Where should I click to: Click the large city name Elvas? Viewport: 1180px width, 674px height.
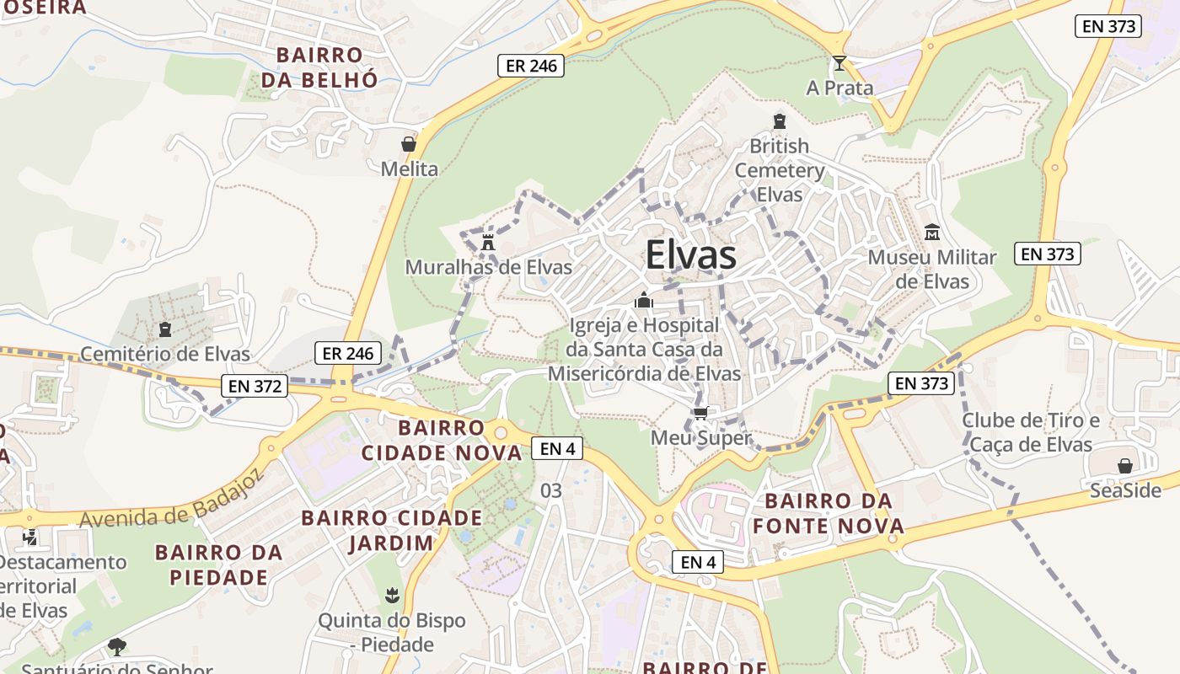click(x=691, y=255)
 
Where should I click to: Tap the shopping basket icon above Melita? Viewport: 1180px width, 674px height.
click(x=409, y=144)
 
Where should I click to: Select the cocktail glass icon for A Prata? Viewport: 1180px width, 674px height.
click(x=839, y=63)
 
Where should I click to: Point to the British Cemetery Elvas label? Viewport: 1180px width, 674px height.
click(x=780, y=170)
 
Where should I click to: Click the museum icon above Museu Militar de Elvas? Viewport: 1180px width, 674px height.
click(x=932, y=232)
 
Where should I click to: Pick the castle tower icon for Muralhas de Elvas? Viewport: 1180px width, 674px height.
click(x=487, y=243)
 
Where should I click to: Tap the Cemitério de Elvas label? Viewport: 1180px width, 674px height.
click(x=165, y=354)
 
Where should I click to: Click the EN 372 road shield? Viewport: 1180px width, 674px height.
click(x=255, y=387)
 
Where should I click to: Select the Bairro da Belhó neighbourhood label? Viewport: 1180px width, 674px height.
click(x=319, y=67)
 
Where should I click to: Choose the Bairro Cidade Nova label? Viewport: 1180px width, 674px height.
click(x=442, y=440)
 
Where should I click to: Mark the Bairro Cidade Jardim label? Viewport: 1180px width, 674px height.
click(x=392, y=530)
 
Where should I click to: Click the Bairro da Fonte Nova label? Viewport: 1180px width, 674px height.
click(x=828, y=514)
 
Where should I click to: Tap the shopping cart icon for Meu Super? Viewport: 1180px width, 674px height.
click(x=700, y=413)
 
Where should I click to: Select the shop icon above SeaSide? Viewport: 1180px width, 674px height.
click(x=1124, y=466)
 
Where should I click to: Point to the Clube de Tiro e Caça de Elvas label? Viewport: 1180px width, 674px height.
click(x=1031, y=432)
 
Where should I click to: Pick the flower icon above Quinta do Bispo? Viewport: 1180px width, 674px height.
click(x=391, y=596)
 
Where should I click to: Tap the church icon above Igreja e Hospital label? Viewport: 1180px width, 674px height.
click(x=644, y=300)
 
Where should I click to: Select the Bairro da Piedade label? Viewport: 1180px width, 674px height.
click(x=218, y=564)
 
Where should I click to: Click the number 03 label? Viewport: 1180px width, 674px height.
click(x=550, y=490)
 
